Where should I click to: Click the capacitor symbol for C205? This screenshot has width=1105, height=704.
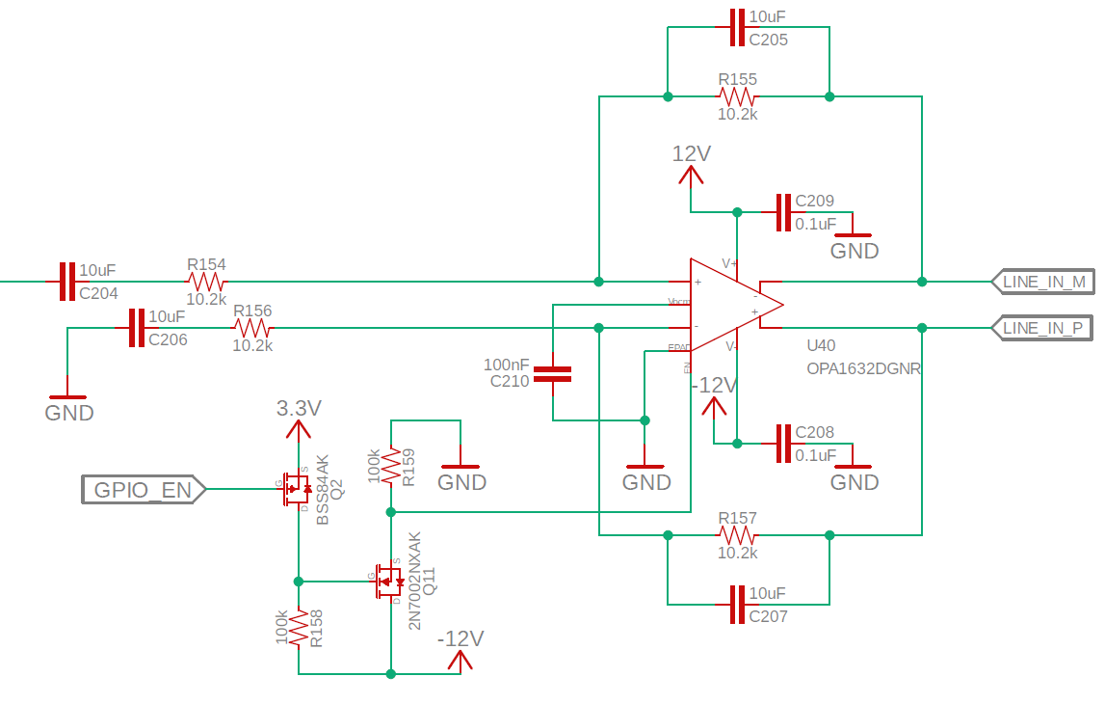tap(738, 27)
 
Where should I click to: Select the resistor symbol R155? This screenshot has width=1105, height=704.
tap(738, 96)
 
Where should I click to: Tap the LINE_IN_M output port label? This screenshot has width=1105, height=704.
tap(1043, 282)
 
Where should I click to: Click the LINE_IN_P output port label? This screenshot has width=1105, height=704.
tap(1043, 328)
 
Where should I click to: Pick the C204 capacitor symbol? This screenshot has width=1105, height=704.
tap(66, 282)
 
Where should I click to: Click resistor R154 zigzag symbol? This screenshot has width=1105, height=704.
tap(206, 282)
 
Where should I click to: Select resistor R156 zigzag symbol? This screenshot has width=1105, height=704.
tap(252, 328)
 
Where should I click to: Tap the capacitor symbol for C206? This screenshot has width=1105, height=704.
tap(136, 328)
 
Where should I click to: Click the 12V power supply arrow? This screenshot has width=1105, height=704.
tap(691, 175)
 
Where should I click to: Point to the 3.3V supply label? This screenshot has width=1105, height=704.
tap(298, 408)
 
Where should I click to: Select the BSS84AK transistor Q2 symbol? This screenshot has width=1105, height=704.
tap(295, 489)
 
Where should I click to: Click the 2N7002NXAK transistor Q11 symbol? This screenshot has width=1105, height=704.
tap(388, 582)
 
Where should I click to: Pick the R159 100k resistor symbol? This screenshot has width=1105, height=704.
tap(391, 466)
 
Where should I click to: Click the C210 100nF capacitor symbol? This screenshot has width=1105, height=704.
tap(553, 374)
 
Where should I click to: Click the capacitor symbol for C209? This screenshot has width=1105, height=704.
tap(784, 212)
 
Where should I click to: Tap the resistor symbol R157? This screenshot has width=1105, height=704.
tap(738, 534)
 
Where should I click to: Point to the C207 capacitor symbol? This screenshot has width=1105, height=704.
tap(738, 604)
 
